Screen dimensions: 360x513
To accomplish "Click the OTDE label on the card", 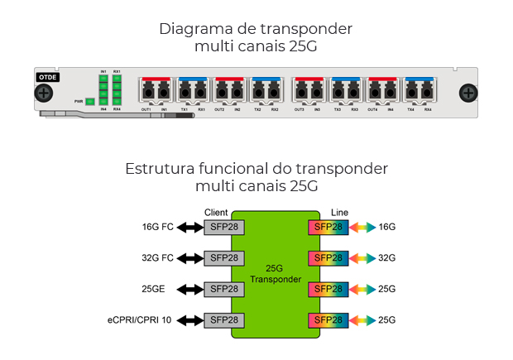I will (x=47, y=77).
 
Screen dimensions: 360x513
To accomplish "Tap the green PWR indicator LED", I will (x=89, y=101).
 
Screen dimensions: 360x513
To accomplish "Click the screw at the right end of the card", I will (x=468, y=93).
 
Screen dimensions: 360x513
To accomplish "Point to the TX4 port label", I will (x=411, y=109).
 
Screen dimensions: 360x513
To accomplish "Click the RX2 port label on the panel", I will (x=275, y=109).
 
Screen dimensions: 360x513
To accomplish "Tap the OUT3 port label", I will (x=300, y=109).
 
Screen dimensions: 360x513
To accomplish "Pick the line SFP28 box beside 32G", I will (x=325, y=257).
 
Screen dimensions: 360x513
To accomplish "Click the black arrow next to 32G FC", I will (x=189, y=257).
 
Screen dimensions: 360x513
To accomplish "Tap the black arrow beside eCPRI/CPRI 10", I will (x=189, y=319).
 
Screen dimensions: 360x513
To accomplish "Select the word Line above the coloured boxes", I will (x=340, y=212).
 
